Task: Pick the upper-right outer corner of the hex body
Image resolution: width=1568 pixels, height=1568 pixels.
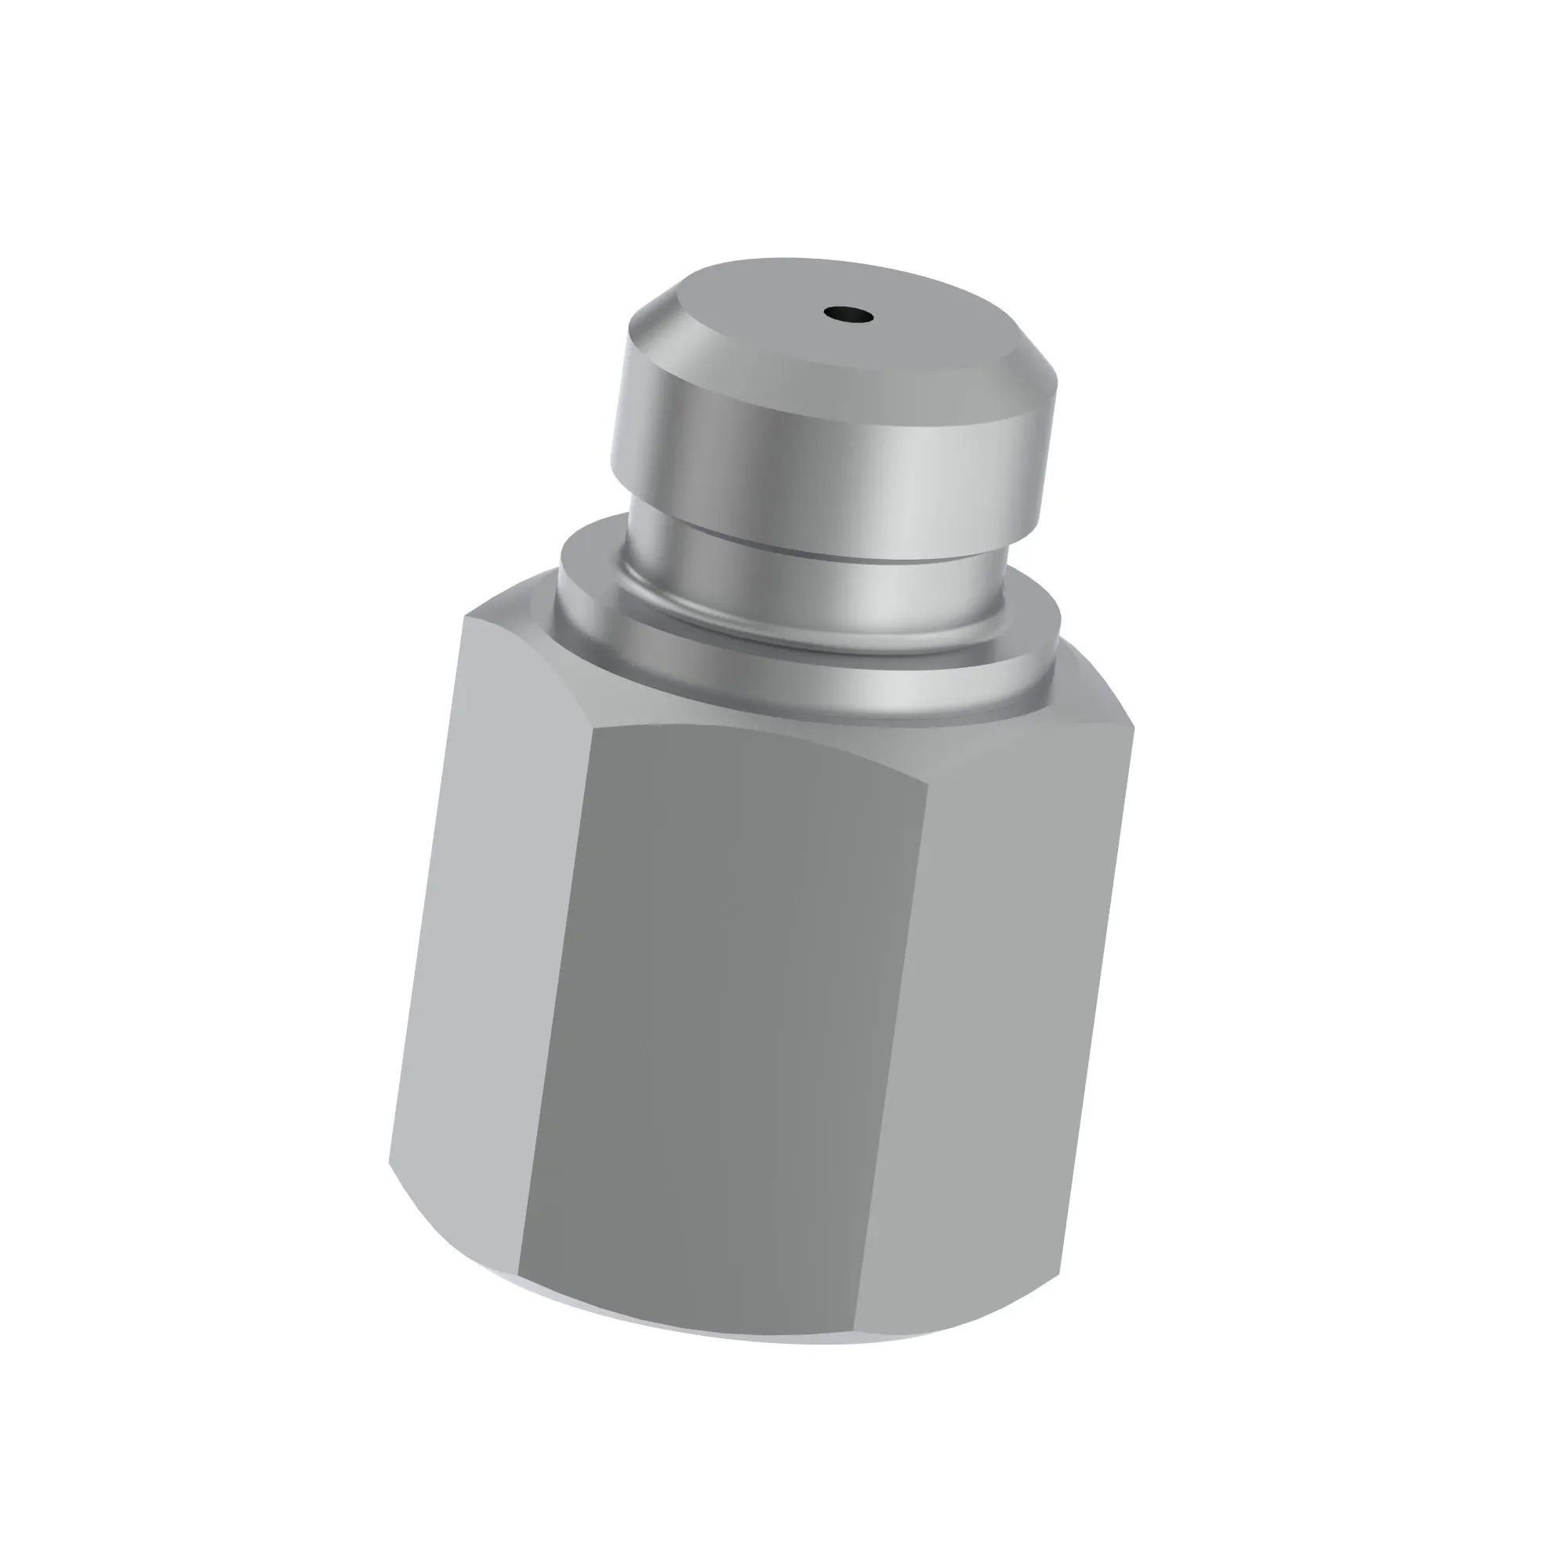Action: coord(1134,724)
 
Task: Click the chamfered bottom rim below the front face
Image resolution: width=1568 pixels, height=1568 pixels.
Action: coord(690,1331)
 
